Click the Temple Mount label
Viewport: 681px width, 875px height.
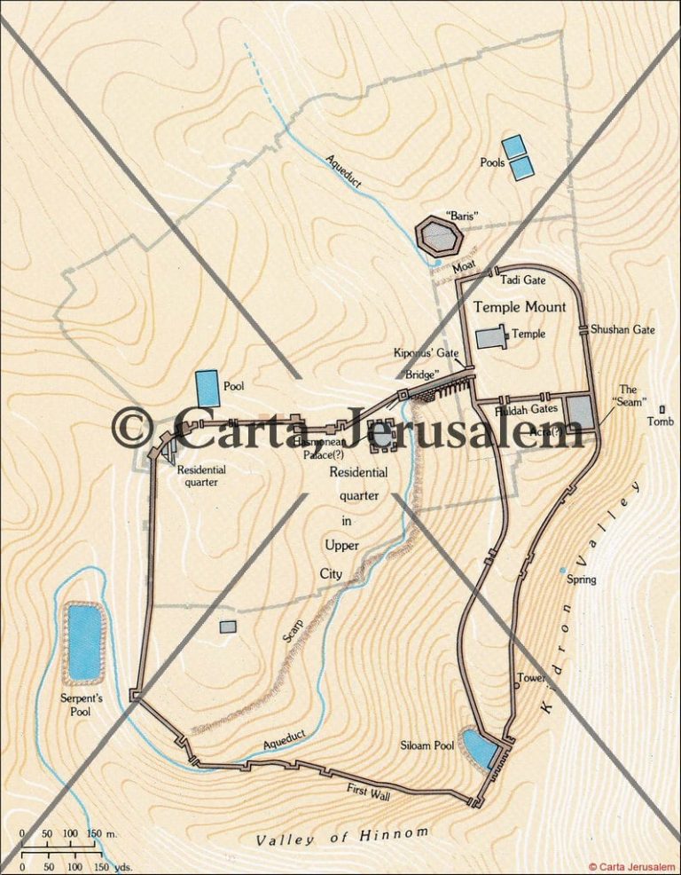(x=519, y=307)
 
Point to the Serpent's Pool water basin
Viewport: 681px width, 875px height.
(x=84, y=642)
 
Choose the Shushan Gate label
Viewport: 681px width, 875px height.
(x=622, y=329)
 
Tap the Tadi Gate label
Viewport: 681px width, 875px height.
(x=522, y=280)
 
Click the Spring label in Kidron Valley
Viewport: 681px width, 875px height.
(x=582, y=579)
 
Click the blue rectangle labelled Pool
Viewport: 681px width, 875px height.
(x=207, y=388)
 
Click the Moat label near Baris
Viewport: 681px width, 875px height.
(x=463, y=265)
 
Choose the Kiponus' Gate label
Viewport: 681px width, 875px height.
(x=426, y=352)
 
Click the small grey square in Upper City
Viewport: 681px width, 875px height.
(x=228, y=627)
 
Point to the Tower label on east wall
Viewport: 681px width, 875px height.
(x=531, y=678)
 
